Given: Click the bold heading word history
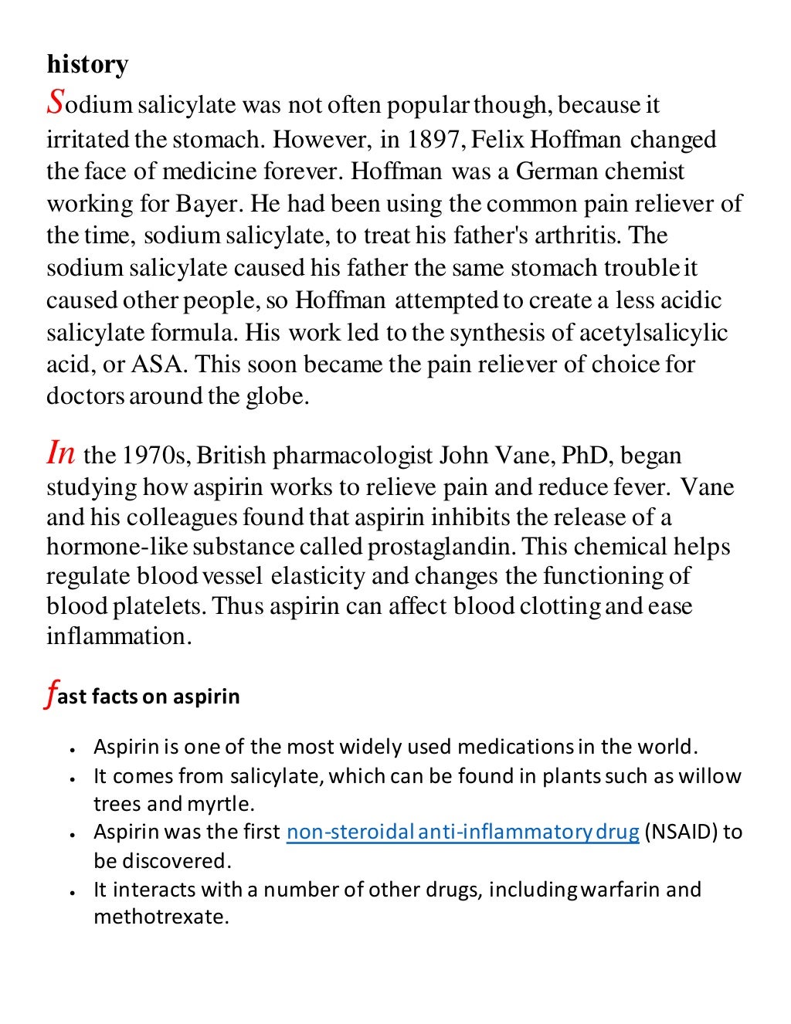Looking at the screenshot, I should pyautogui.click(x=87, y=64).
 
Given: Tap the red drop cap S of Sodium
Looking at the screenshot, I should pyautogui.click(x=56, y=101).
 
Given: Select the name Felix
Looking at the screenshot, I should pyautogui.click(x=496, y=140).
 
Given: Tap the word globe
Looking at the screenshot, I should pyautogui.click(x=278, y=396).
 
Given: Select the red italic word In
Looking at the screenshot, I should pyautogui.click(x=61, y=453).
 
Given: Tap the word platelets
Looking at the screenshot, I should pyautogui.click(x=160, y=606).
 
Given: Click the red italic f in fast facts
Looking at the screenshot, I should pyautogui.click(x=51, y=695).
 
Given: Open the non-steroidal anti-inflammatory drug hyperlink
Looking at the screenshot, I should pyautogui.click(x=462, y=832).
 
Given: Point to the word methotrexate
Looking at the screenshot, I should pyautogui.click(x=161, y=917).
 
